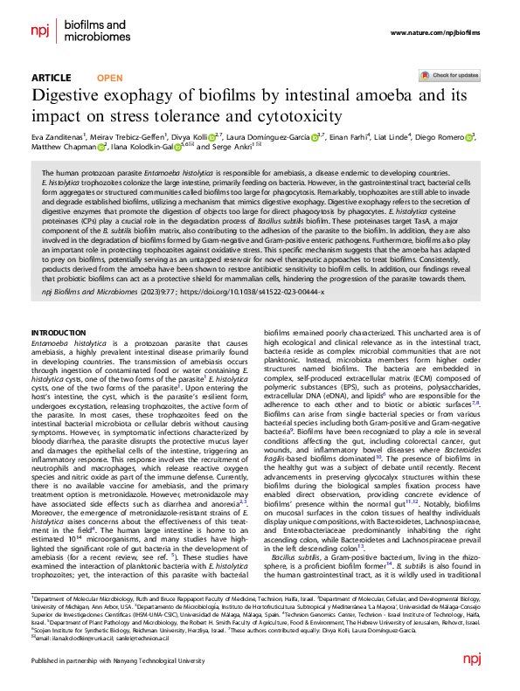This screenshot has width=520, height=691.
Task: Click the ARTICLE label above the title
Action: [51, 78]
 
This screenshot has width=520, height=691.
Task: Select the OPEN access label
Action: [109, 78]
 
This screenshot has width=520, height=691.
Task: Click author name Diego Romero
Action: [445, 137]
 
